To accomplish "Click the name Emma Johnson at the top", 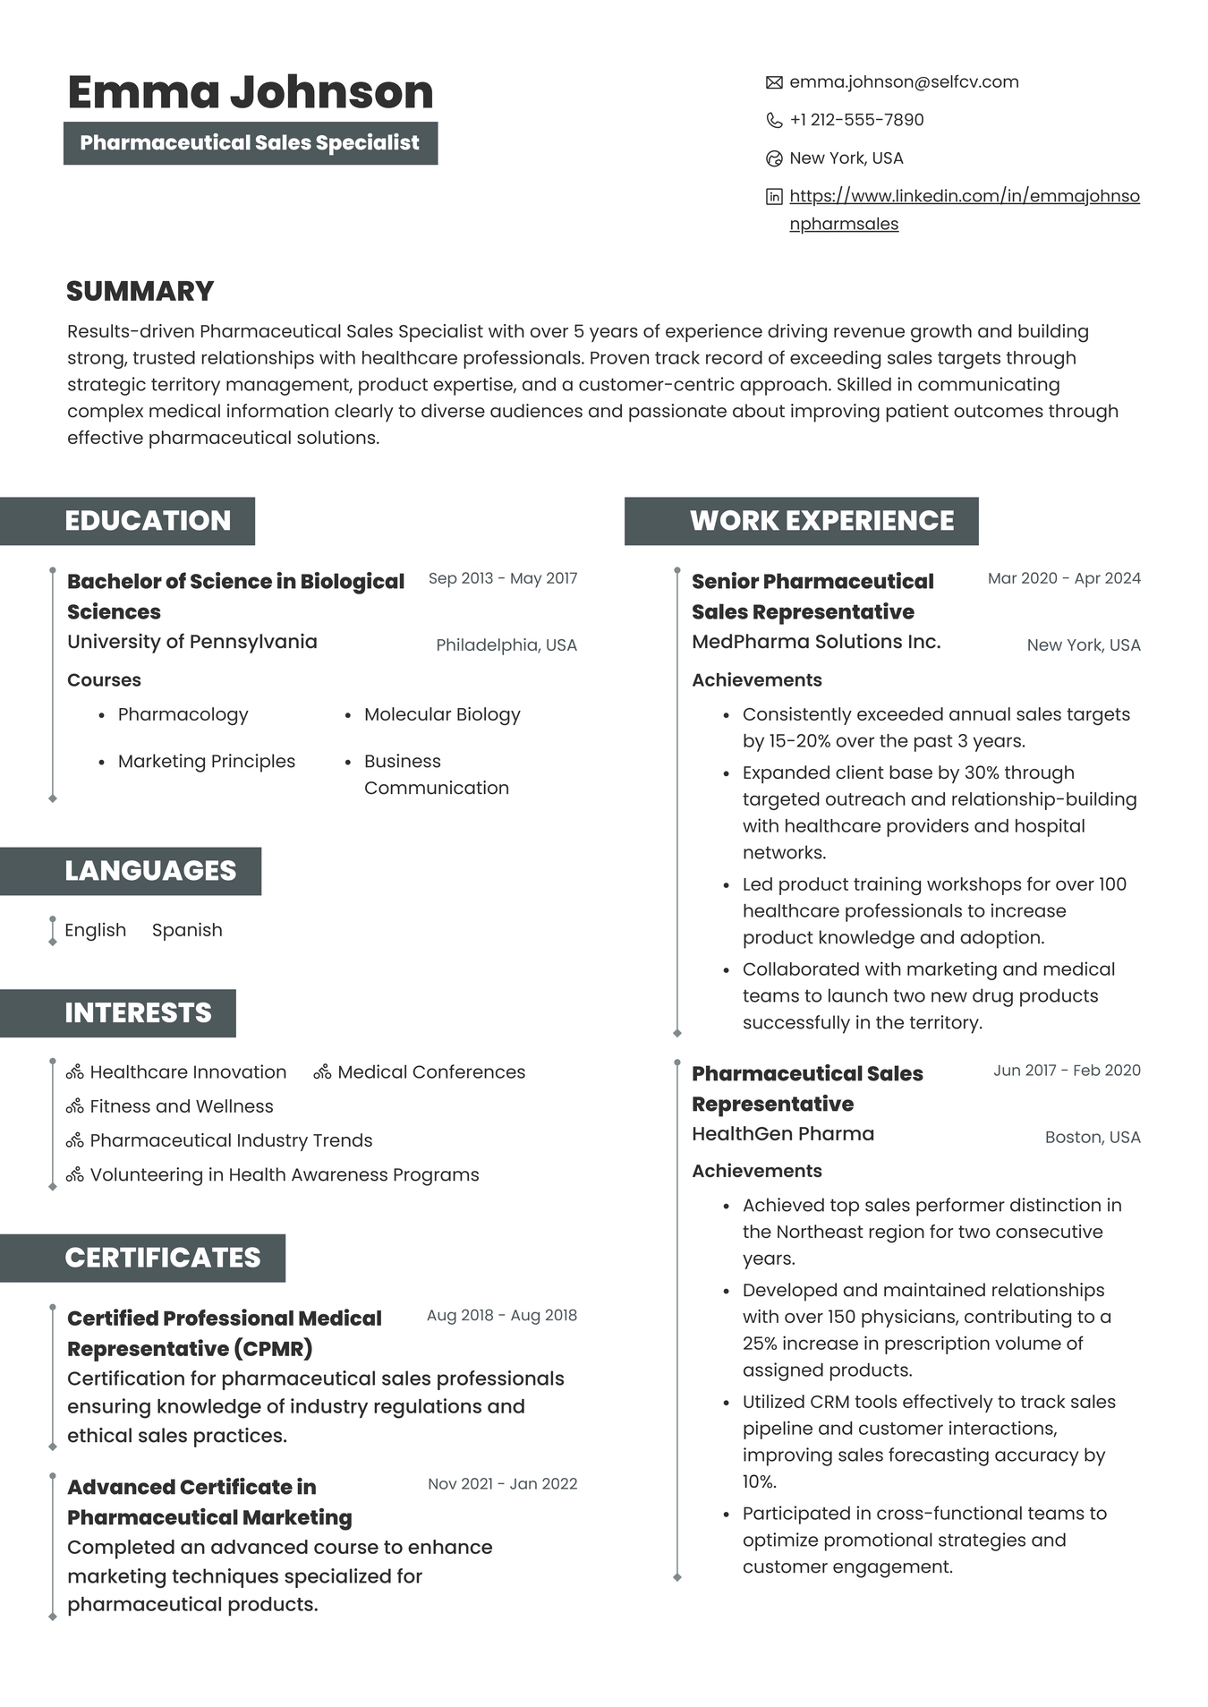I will point(250,92).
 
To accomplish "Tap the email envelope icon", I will point(774,83).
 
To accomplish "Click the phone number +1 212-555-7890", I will point(856,120).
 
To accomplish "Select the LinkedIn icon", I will point(774,197).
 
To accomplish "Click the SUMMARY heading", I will point(140,291).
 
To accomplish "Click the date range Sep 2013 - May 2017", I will point(502,578).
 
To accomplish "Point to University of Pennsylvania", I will point(191,642).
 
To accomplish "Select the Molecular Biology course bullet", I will point(441,714).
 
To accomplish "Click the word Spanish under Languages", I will point(187,930).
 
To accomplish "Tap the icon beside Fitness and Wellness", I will point(75,1106).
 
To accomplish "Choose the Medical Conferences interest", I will point(430,1072).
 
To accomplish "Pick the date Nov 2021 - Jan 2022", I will point(502,1484).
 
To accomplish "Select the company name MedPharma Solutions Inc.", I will point(816,642).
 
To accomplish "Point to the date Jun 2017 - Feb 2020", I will point(1067,1071).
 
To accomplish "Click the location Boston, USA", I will point(1093,1138).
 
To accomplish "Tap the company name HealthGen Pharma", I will point(783,1134).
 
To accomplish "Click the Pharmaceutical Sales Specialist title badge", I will point(250,143).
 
